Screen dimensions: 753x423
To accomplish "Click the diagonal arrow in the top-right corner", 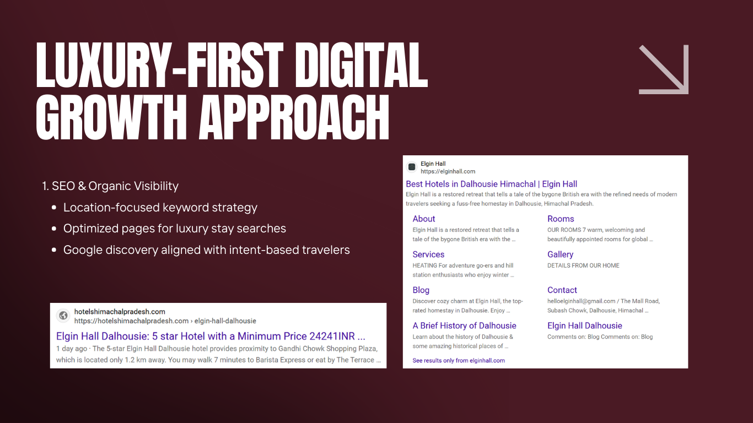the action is pos(664,69).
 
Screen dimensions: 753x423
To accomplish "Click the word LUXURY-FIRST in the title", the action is pos(160,65).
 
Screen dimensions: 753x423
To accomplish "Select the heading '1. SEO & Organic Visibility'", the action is pos(110,186).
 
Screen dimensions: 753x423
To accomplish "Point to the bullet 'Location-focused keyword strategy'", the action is pos(160,208).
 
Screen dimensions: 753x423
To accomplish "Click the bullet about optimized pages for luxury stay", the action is pos(174,229).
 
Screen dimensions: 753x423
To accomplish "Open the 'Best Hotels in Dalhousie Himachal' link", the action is pos(492,184).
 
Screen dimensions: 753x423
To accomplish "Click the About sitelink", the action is pos(423,219).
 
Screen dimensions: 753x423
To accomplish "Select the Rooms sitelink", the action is pos(561,219).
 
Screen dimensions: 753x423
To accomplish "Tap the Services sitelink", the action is pos(428,254).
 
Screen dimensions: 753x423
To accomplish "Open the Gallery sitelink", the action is pos(560,254).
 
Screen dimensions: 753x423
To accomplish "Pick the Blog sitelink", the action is pos(421,290).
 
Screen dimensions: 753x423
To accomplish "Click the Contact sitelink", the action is pos(562,290).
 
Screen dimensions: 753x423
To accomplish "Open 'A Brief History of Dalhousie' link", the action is pos(464,326).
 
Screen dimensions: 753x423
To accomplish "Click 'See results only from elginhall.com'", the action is pos(459,361).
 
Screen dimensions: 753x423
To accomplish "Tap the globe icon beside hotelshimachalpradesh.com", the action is pos(63,316).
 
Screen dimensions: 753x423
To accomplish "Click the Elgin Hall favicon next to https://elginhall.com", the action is pos(411,167).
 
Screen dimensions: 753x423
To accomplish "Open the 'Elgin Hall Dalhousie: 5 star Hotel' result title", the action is pos(211,336).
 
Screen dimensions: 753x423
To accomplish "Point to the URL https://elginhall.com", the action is pos(448,171).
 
